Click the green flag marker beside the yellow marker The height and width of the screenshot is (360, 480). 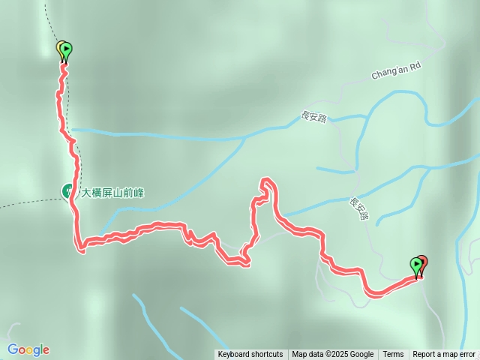[66, 50]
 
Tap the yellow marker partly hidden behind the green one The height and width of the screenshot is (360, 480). [59, 48]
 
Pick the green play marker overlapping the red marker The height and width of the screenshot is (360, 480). [416, 265]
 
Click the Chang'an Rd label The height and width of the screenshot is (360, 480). [396, 71]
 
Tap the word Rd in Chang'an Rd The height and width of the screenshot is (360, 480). [415, 66]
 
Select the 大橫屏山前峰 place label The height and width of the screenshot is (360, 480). [112, 192]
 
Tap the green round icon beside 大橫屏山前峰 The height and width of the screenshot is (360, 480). [67, 192]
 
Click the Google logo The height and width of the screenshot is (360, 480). [28, 349]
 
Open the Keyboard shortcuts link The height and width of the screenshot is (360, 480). [250, 355]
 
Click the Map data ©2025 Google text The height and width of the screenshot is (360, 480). [332, 355]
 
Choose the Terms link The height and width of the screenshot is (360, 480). [393, 355]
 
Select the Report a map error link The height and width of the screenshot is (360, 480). [445, 355]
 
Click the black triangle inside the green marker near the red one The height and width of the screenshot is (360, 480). [416, 263]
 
